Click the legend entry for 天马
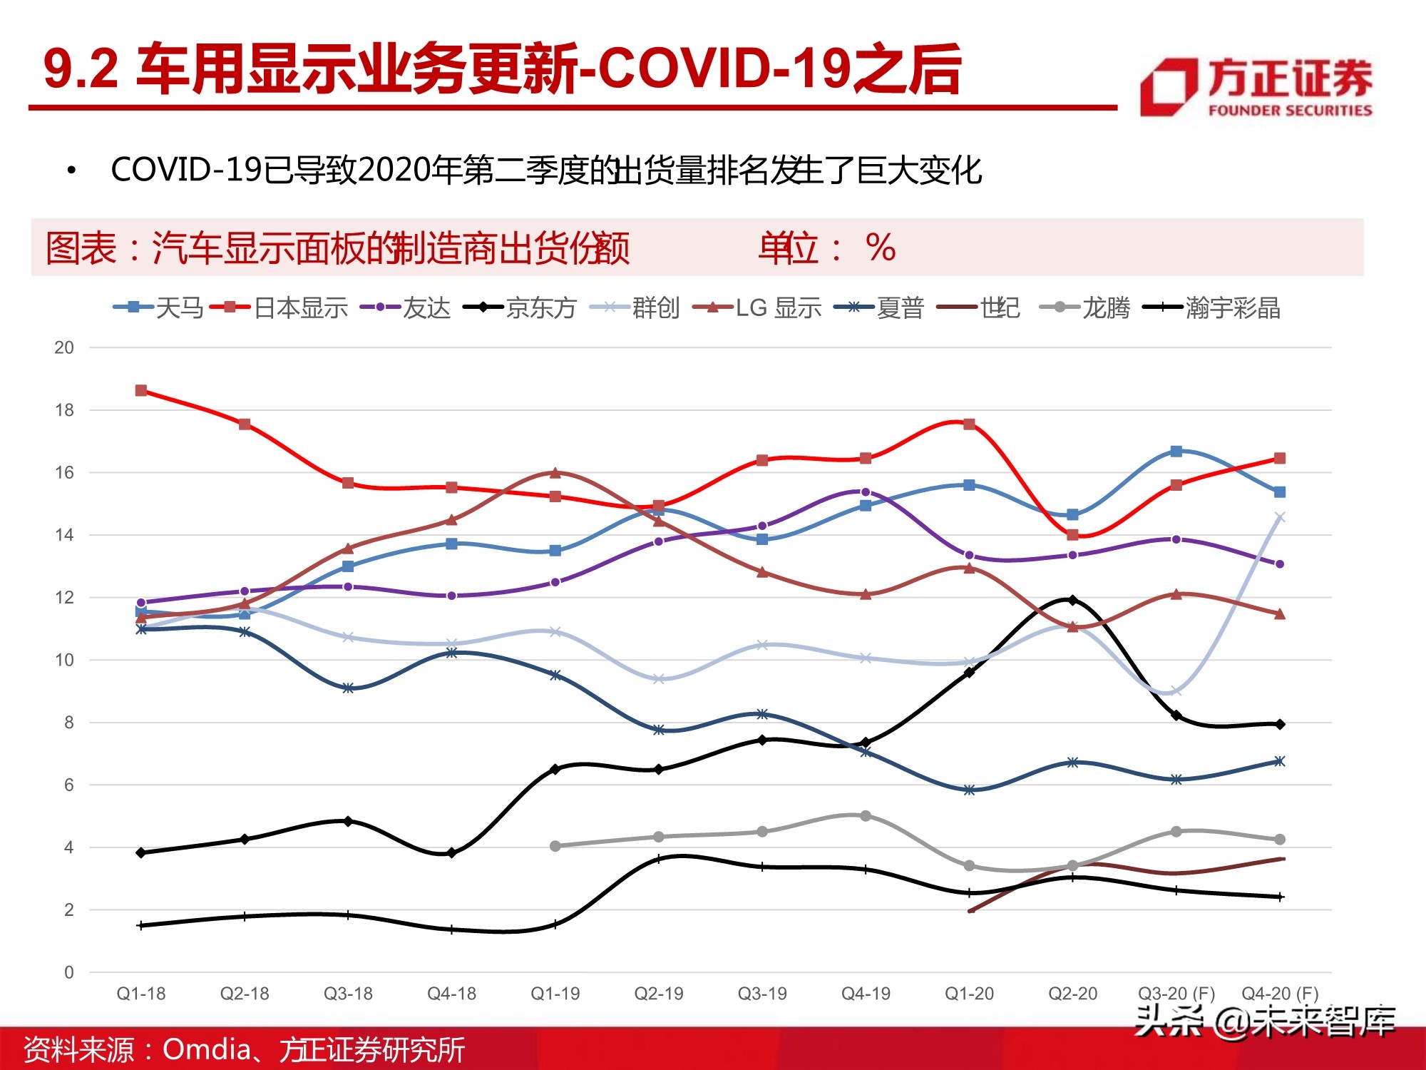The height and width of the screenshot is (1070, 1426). click(159, 307)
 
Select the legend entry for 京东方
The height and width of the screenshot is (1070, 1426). click(520, 307)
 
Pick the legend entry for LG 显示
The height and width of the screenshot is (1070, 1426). click(757, 307)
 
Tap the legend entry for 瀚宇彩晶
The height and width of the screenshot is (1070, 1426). click(1212, 307)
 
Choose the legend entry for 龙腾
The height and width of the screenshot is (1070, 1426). click(1085, 307)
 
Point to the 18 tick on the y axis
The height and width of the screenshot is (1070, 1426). click(64, 410)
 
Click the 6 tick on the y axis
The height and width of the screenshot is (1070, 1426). click(68, 785)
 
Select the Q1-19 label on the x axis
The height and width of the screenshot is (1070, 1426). click(555, 994)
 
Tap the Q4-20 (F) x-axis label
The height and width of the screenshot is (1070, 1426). click(1280, 994)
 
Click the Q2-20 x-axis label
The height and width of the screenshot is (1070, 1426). click(1072, 994)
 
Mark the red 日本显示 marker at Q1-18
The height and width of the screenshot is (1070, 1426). click(141, 390)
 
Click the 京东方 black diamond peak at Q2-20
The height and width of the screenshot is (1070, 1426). click(1072, 600)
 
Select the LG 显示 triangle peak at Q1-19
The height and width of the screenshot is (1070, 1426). click(555, 472)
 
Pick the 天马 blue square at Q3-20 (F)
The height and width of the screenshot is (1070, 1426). click(1176, 451)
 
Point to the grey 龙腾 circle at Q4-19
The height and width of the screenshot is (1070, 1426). click(866, 815)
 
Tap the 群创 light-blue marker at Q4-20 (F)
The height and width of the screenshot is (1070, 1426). click(1280, 517)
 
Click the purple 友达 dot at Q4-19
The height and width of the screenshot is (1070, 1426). click(866, 491)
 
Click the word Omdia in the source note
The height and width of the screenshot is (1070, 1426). click(207, 1049)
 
